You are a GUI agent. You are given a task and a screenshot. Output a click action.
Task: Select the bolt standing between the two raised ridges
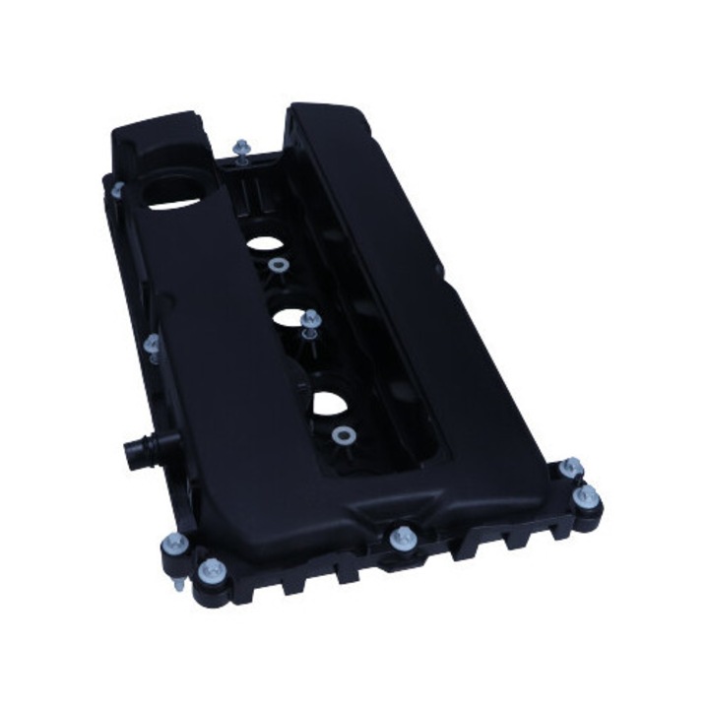pyautogui.click(x=241, y=151)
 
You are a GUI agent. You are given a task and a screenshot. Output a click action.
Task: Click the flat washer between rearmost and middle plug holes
pyautogui.click(x=276, y=265)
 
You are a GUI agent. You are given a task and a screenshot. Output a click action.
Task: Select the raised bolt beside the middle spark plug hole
pyautogui.click(x=312, y=321)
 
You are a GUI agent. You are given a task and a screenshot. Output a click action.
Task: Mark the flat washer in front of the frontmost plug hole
pyautogui.click(x=343, y=436)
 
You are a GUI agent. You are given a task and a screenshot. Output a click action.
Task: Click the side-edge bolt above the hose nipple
pyautogui.click(x=153, y=346)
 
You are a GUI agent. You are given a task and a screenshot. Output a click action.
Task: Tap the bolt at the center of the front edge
pyautogui.click(x=399, y=538)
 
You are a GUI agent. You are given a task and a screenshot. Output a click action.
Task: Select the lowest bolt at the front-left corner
pyautogui.click(x=210, y=572)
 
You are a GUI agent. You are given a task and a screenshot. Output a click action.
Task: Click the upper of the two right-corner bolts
pyautogui.click(x=570, y=467)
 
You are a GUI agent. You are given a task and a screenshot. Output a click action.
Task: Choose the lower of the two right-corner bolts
pyautogui.click(x=588, y=495)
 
